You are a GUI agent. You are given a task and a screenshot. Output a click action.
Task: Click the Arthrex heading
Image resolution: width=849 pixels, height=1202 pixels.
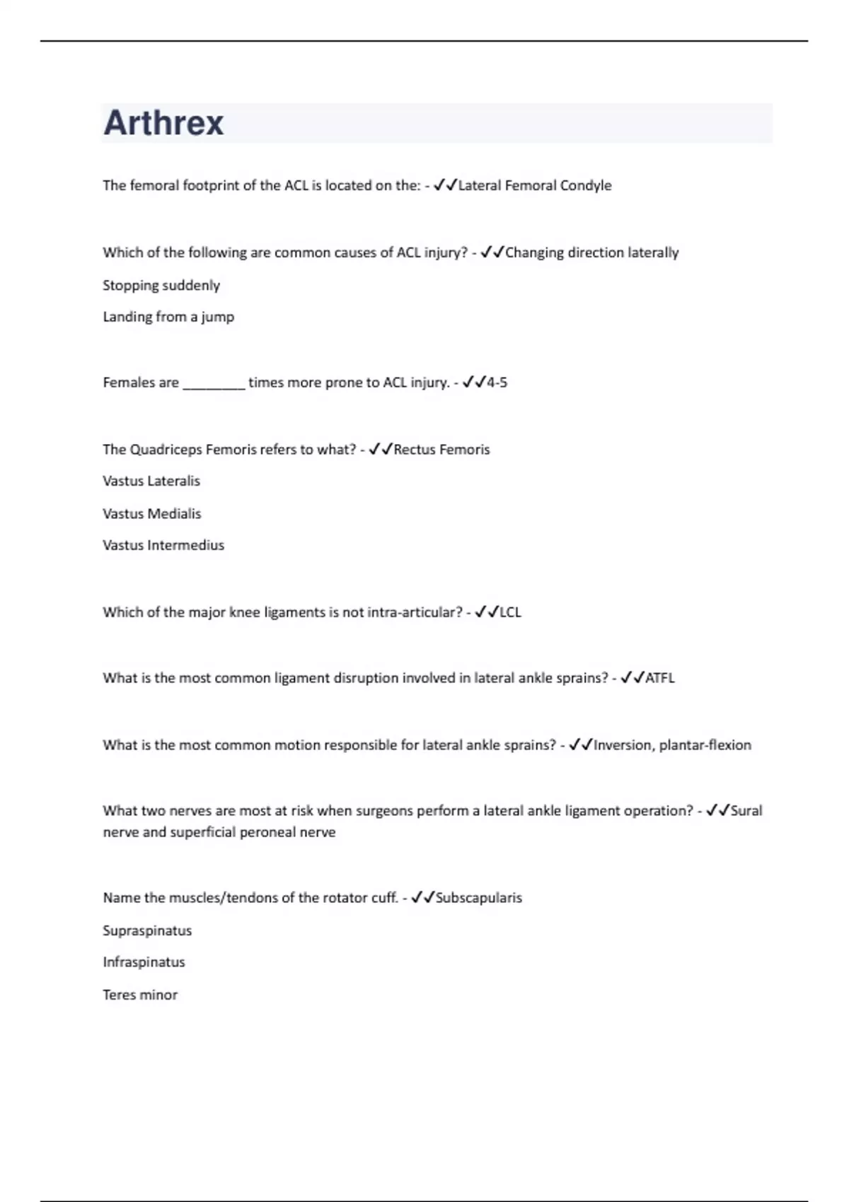tap(163, 123)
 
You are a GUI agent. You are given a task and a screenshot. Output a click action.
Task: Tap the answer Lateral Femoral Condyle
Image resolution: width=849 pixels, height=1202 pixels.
tap(535, 186)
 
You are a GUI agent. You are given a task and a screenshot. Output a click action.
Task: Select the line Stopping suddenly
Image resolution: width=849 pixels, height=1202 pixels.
tap(161, 286)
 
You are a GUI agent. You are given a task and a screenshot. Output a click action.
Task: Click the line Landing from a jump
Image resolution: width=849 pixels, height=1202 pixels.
tap(168, 317)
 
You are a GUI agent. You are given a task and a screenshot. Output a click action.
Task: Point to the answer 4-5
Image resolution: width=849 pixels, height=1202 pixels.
tap(497, 383)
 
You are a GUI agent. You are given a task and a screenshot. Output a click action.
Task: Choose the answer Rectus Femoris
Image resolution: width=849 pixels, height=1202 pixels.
tap(441, 450)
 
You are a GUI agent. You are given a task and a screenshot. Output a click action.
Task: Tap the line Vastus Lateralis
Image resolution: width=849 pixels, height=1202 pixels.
tap(151, 482)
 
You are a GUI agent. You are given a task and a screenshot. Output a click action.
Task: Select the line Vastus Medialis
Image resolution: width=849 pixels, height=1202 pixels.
tap(151, 514)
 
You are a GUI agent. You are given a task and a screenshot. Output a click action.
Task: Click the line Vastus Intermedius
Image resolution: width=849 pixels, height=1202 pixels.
tap(163, 546)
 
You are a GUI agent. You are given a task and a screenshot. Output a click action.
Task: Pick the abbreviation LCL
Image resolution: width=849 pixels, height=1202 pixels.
tap(510, 612)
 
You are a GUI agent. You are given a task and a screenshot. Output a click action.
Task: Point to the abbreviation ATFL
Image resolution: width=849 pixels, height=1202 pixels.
tap(659, 678)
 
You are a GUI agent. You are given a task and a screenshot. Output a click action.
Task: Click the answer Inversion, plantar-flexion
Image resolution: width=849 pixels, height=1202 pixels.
tap(672, 745)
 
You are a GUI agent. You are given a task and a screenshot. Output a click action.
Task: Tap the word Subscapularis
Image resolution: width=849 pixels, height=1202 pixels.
tap(478, 898)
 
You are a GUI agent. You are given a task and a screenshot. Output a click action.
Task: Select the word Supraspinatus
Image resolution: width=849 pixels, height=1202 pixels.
tap(147, 931)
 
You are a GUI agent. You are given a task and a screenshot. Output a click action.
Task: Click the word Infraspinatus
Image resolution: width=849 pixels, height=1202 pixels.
tap(144, 962)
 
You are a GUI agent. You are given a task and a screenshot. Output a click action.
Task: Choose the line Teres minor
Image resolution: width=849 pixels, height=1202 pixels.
tap(140, 995)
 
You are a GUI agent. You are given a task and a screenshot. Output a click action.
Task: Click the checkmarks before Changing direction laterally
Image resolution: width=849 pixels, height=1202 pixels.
tap(492, 253)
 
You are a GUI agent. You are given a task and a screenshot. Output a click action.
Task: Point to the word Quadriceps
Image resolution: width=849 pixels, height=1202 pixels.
tap(166, 450)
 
